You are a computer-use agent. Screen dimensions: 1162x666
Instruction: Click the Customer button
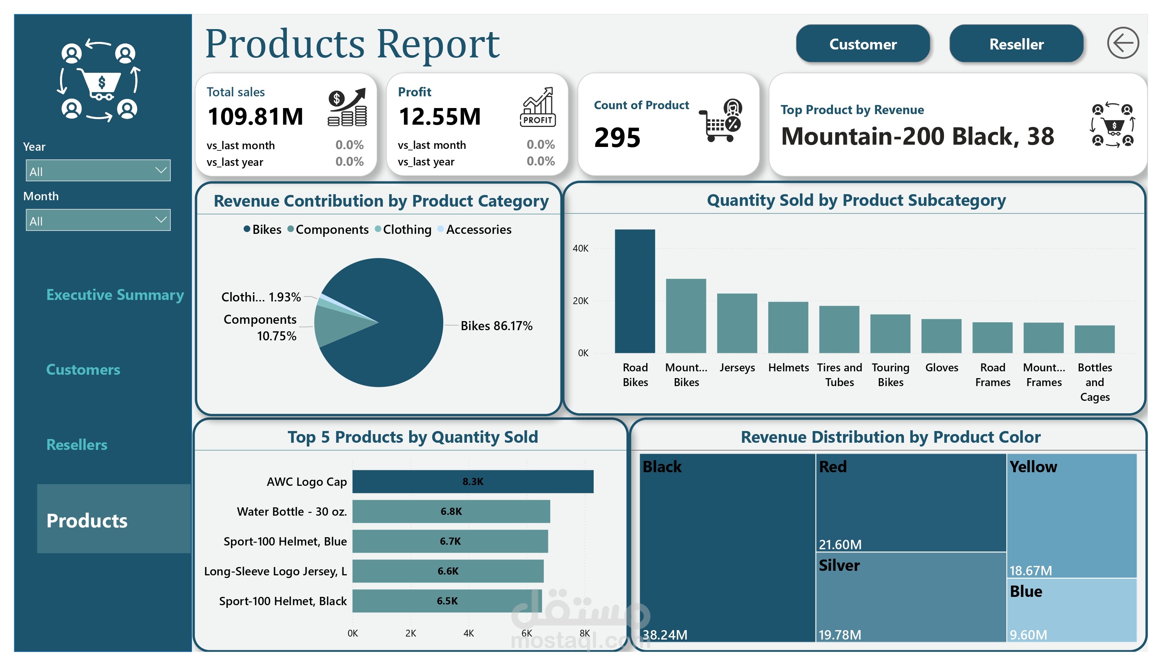click(x=863, y=44)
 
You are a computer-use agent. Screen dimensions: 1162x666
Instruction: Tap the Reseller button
click(x=1016, y=44)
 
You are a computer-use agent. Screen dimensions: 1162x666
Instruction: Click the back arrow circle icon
click(x=1123, y=43)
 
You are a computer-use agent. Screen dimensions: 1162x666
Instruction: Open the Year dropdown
click(x=98, y=171)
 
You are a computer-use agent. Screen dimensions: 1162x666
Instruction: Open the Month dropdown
click(x=98, y=220)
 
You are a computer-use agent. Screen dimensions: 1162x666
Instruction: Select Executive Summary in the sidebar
click(x=115, y=295)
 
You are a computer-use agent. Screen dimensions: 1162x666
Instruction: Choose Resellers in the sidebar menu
click(x=77, y=445)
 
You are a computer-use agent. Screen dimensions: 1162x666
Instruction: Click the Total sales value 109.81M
click(x=255, y=116)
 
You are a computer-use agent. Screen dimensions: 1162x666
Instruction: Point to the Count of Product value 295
click(x=617, y=137)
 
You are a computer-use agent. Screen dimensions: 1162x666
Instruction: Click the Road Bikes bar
click(x=634, y=291)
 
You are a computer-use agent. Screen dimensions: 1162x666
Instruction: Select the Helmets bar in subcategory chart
click(x=788, y=327)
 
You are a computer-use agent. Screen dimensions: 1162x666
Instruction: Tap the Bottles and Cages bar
click(x=1094, y=339)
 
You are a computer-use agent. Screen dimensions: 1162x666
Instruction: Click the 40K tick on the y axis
click(x=580, y=248)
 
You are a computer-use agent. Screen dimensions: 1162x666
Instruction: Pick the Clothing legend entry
click(x=403, y=229)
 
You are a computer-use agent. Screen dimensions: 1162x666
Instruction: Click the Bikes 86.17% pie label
click(x=497, y=326)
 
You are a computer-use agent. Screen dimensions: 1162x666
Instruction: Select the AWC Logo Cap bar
click(x=473, y=482)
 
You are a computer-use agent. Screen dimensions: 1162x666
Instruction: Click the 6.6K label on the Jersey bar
click(x=448, y=571)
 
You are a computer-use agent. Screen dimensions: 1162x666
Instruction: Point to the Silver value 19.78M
click(x=840, y=635)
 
